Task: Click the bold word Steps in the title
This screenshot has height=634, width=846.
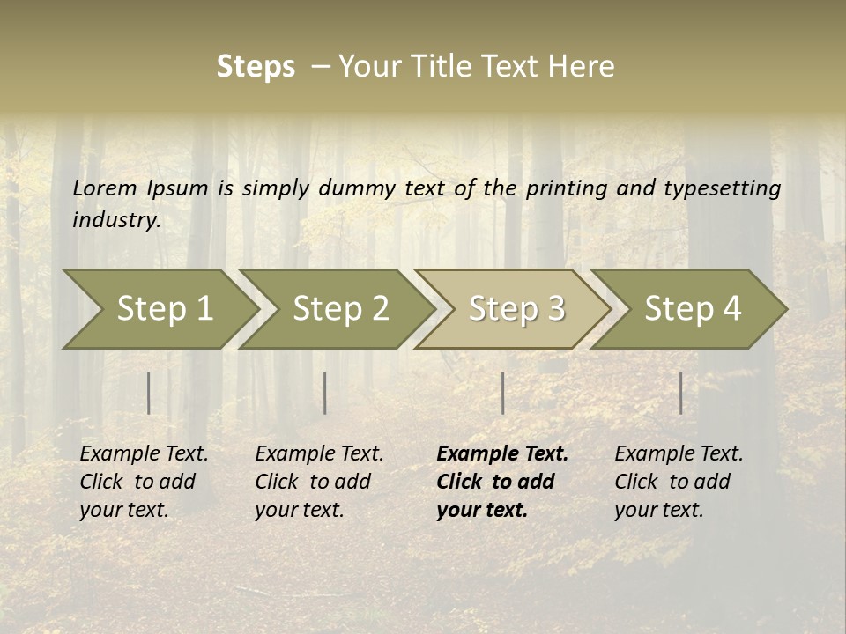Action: pos(256,67)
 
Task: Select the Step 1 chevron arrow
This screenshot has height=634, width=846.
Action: pos(164,308)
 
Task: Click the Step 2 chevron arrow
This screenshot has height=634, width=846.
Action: pos(340,308)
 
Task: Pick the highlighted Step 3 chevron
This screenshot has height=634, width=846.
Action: pos(516,308)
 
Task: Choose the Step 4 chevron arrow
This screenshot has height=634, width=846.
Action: pos(693,308)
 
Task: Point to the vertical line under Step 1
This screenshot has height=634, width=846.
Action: pos(149,393)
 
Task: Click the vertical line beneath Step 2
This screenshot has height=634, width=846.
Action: pos(325,393)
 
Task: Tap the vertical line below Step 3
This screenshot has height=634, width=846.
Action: pos(503,393)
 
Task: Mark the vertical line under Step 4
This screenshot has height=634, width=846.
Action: pos(681,393)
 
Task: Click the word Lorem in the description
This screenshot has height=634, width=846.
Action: pos(105,188)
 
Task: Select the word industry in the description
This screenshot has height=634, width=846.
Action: pos(115,220)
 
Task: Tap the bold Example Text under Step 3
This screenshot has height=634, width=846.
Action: pos(502,454)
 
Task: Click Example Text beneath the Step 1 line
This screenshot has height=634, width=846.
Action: pos(144,454)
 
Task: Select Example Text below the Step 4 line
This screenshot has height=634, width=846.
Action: pos(679,454)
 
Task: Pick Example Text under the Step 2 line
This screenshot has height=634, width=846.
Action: pos(319,454)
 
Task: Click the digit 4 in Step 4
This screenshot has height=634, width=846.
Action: pos(731,308)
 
